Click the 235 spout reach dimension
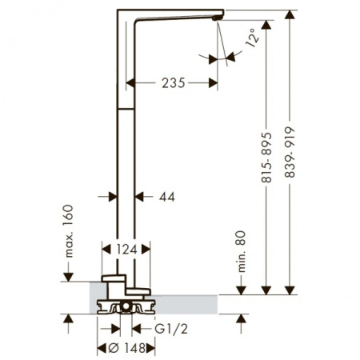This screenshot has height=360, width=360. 173,82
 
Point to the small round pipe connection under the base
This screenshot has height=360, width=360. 126,307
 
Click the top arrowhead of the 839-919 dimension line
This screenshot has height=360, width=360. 289,15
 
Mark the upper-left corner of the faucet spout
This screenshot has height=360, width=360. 119,10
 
